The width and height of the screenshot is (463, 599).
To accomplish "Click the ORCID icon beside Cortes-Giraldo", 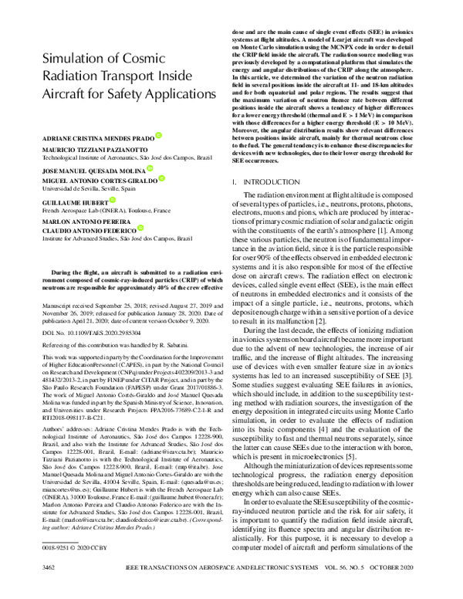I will [x=163, y=179].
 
